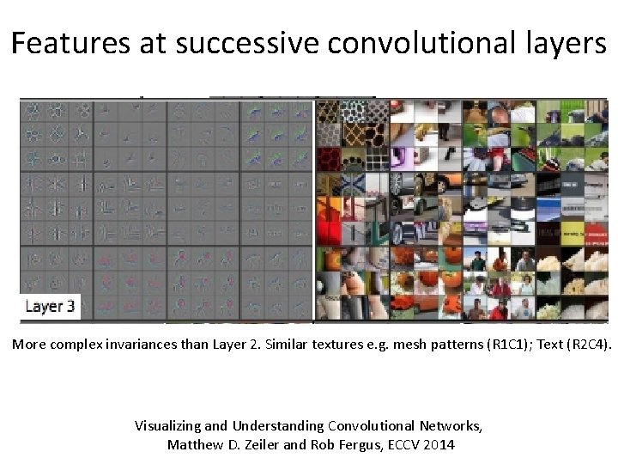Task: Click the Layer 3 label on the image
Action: [50, 306]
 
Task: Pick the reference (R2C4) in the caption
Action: [585, 345]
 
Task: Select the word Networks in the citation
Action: [451, 425]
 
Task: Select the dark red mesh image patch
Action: [328, 158]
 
